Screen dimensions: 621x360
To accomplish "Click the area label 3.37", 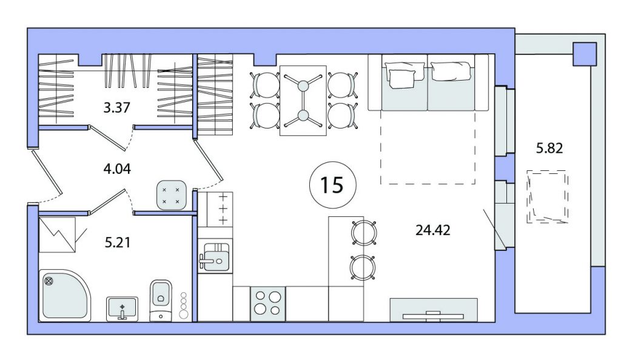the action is click(x=117, y=107).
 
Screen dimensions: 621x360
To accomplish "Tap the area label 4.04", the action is click(x=117, y=169).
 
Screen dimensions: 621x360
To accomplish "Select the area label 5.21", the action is click(x=118, y=242).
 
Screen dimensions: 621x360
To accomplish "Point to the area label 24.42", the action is click(x=433, y=230).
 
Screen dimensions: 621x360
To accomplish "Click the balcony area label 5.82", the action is click(x=549, y=148).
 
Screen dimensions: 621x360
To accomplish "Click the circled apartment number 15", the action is click(x=332, y=185).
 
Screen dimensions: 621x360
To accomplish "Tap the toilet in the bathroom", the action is click(x=161, y=300).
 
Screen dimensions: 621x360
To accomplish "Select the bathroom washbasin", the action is click(x=122, y=308).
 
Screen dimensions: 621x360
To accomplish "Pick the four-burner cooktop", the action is click(x=267, y=304).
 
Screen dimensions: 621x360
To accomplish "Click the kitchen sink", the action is click(x=215, y=256).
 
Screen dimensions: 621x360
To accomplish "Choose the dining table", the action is click(x=303, y=101).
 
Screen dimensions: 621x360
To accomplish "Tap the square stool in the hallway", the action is click(x=172, y=195).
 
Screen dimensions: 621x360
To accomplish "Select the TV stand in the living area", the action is click(x=434, y=310).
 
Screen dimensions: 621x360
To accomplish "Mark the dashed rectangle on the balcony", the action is click(x=548, y=196).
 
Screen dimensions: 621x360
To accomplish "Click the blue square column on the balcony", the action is click(x=585, y=54).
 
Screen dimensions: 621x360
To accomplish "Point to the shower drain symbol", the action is click(x=49, y=282).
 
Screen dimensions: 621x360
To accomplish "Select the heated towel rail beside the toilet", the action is click(x=183, y=305).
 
